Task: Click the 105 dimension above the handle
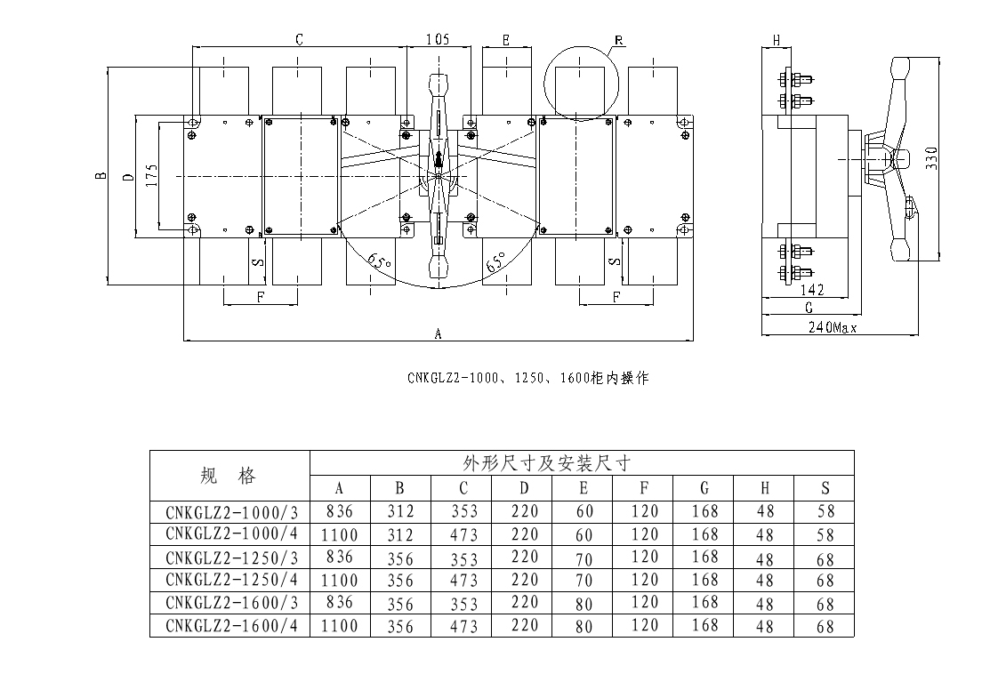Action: tap(437, 39)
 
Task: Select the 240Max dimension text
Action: tap(832, 327)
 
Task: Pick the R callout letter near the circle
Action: tap(617, 40)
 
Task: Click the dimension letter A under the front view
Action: tap(438, 333)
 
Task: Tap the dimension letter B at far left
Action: tap(101, 175)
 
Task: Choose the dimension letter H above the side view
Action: tap(777, 40)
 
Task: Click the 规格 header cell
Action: tap(229, 476)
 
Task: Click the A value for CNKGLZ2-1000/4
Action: tap(340, 534)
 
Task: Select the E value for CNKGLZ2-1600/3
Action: tap(584, 603)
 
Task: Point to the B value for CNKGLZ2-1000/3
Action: tap(400, 511)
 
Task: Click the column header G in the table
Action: tap(704, 488)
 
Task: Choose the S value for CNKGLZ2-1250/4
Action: tap(825, 581)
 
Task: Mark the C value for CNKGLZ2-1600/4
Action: tap(463, 626)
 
